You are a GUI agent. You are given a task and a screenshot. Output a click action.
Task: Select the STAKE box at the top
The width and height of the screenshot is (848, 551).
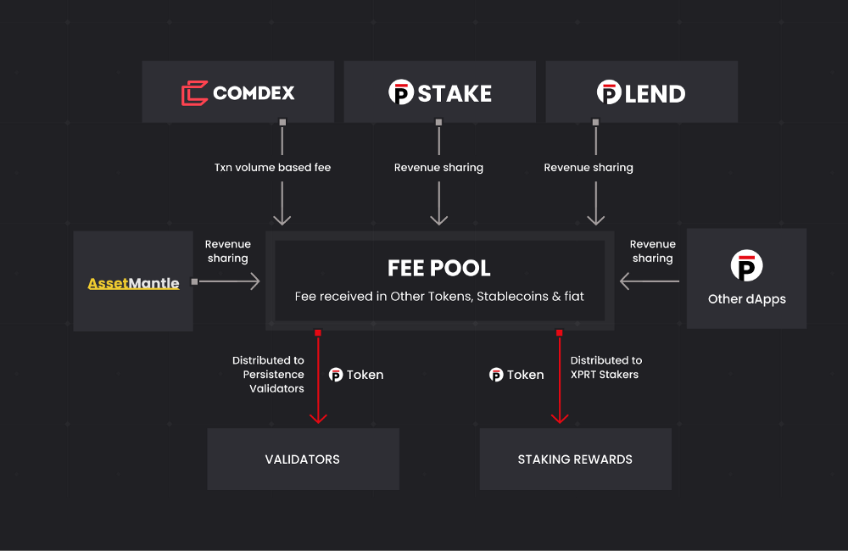click(x=439, y=92)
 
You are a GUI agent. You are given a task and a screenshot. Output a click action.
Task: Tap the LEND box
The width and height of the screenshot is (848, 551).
click(x=641, y=92)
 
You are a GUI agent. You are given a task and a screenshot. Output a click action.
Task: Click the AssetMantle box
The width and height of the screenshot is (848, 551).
click(x=133, y=281)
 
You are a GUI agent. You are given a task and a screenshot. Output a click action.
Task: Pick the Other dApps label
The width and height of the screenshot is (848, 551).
click(x=746, y=299)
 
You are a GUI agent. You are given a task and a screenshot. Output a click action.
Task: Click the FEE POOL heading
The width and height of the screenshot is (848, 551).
click(x=439, y=268)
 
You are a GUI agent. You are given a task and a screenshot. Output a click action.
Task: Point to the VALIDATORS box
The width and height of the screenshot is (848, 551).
click(x=303, y=459)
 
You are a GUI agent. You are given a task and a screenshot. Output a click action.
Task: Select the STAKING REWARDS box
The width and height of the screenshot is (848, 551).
click(x=575, y=459)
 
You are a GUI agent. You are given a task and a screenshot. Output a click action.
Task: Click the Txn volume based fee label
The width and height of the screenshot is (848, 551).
click(x=272, y=168)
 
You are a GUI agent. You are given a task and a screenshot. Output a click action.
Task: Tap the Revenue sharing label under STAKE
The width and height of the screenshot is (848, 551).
click(x=438, y=168)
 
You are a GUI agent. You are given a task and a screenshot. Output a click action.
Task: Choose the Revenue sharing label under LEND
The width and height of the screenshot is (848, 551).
click(x=589, y=168)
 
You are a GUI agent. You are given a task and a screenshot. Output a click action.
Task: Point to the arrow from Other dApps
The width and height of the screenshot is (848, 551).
click(x=650, y=281)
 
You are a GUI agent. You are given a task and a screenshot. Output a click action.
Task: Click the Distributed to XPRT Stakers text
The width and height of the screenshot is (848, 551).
click(x=605, y=367)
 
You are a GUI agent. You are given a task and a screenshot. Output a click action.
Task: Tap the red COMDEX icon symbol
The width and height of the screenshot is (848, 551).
click(x=194, y=92)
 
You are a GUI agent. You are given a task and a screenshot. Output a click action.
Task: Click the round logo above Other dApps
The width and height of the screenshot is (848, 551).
click(x=746, y=266)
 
